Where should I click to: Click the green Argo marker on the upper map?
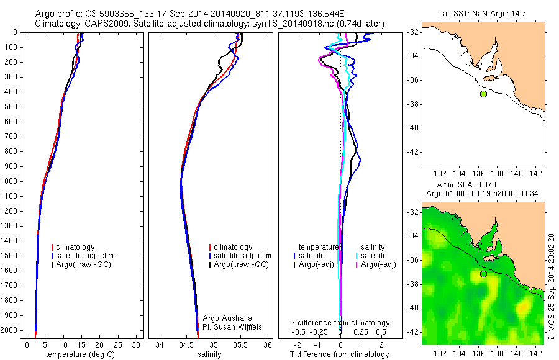click(x=483, y=94)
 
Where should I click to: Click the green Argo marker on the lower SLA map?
click(x=483, y=274)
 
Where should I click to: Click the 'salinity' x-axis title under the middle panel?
click(x=209, y=354)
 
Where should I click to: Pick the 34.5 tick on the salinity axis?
click(x=186, y=344)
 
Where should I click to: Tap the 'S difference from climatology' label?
click(x=340, y=323)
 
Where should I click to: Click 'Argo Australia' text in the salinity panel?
click(x=227, y=318)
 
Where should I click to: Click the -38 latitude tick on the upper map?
click(x=411, y=104)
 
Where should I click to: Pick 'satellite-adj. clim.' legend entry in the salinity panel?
click(x=243, y=256)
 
